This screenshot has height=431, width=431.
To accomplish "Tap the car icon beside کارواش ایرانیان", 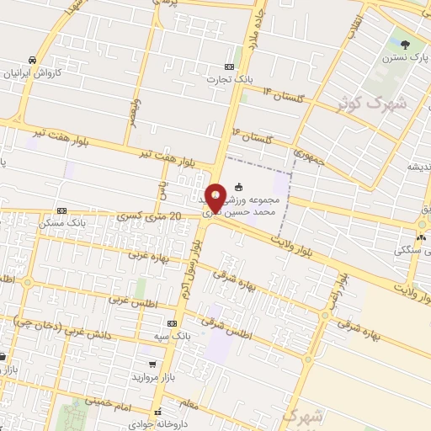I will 31,60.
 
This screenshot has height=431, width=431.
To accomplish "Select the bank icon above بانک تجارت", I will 229,67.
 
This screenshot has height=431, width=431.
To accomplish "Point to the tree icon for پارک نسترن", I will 406,45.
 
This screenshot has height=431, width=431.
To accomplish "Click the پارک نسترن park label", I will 406,59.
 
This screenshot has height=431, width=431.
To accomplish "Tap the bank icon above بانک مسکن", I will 61,210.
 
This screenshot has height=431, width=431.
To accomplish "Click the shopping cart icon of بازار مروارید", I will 152,364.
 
